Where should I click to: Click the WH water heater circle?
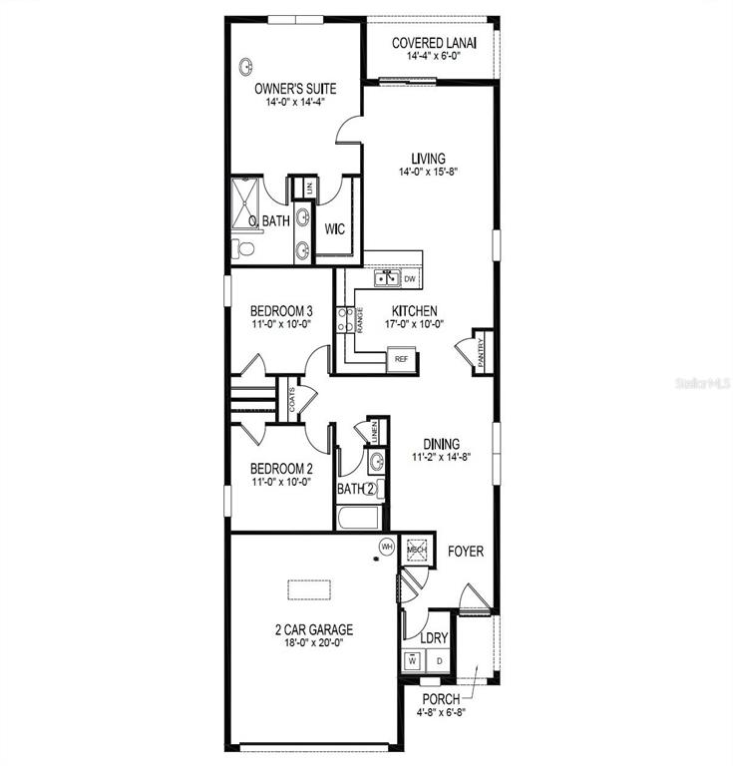coord(387,547)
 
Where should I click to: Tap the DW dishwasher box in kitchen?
coord(410,279)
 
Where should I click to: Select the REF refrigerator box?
coord(401,359)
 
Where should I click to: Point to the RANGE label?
coord(360,320)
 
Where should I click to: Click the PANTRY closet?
coord(482,352)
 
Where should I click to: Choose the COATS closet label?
coord(292,400)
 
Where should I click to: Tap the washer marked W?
coord(413,661)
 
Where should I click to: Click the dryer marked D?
coord(440,661)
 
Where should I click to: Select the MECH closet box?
coord(418,550)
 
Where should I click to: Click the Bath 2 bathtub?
coord(359,518)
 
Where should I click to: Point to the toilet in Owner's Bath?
coord(242,249)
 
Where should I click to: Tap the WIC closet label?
coord(334,228)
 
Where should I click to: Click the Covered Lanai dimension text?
coord(434,56)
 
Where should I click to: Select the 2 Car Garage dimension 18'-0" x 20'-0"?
coord(314,642)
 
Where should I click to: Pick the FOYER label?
coord(466,552)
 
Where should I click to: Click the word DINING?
coord(441,444)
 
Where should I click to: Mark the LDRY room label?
coord(434,638)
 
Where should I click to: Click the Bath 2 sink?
coord(377,462)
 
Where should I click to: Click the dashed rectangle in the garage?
coord(309,589)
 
